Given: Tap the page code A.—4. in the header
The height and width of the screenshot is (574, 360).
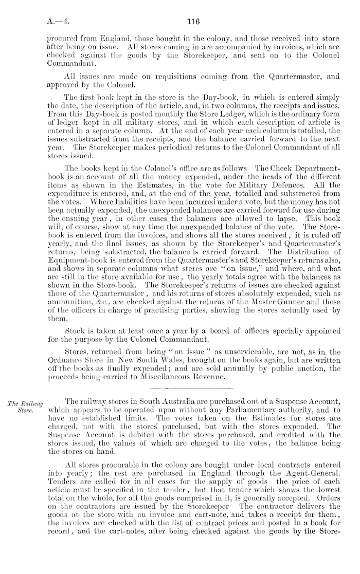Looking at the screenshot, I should click(57, 22).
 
